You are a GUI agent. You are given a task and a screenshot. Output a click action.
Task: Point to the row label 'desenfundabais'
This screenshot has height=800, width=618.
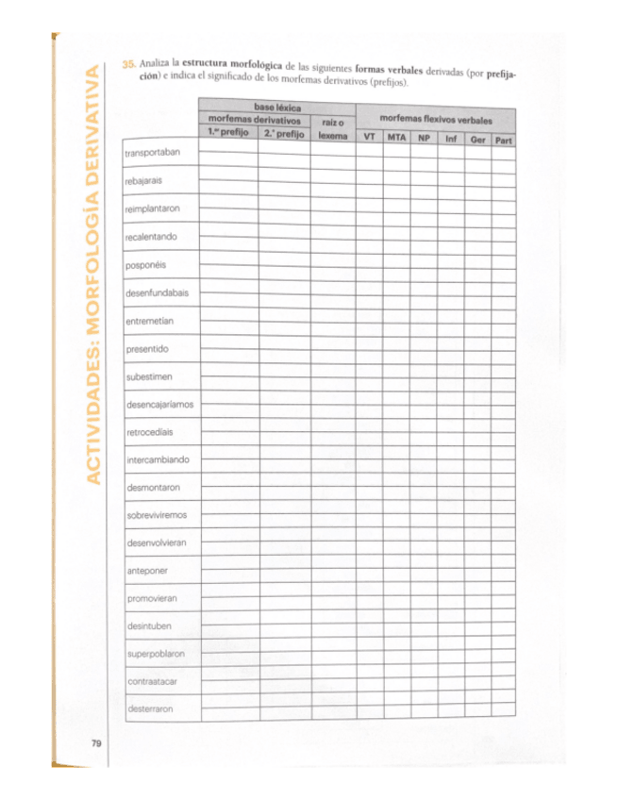pyautogui.click(x=157, y=292)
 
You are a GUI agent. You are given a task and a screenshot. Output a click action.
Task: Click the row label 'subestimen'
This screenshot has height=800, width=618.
pyautogui.click(x=149, y=376)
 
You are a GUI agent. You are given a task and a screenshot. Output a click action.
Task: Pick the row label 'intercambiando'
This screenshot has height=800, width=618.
pyautogui.click(x=158, y=460)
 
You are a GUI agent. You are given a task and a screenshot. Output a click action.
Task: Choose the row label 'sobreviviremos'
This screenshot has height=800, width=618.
pyautogui.click(x=157, y=516)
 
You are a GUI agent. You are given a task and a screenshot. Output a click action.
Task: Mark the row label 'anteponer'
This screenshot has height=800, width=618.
pyautogui.click(x=146, y=572)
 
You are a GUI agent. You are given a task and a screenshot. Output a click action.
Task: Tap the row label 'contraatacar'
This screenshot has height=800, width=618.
pyautogui.click(x=152, y=682)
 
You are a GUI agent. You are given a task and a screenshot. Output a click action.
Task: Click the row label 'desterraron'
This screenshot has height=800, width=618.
pyautogui.click(x=150, y=709)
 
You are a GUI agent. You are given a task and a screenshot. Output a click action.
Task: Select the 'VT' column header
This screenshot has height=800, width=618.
pyautogui.click(x=369, y=138)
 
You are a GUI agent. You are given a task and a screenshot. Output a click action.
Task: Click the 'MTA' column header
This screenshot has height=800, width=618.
pyautogui.click(x=396, y=138)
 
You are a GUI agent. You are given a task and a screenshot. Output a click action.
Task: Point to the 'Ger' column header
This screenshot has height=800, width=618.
pyautogui.click(x=477, y=140)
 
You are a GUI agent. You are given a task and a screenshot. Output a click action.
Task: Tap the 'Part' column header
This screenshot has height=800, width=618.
pyautogui.click(x=504, y=141)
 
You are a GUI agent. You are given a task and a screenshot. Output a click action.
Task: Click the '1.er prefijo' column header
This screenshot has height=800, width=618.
pyautogui.click(x=227, y=134)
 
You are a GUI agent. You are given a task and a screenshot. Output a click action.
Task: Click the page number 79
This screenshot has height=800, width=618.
pyautogui.click(x=96, y=744)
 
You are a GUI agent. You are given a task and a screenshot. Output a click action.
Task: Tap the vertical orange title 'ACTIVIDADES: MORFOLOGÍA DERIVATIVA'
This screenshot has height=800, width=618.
pyautogui.click(x=92, y=274)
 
